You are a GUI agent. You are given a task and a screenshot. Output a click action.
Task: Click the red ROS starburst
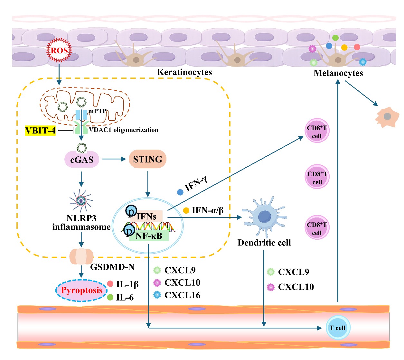point(59,51)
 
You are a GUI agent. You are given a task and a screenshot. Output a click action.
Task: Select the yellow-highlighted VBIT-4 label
point(41,130)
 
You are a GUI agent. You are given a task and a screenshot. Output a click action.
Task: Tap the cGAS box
point(82,160)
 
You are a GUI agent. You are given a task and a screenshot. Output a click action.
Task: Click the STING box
point(147,159)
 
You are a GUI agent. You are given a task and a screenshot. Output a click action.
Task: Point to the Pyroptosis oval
point(81,291)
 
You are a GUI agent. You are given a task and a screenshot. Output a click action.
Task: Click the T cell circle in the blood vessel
point(337,328)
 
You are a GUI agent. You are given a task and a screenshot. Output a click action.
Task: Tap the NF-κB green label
point(149,236)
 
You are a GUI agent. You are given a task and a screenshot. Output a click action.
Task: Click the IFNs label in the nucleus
point(146,216)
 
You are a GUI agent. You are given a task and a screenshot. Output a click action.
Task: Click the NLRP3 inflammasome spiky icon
point(81,200)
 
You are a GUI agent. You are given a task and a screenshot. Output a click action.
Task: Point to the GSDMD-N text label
point(112,267)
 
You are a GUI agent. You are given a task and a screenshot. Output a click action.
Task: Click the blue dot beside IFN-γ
point(180,192)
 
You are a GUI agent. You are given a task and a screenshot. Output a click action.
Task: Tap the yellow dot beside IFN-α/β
point(186,210)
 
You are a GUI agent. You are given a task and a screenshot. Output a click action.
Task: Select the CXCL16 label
point(182,295)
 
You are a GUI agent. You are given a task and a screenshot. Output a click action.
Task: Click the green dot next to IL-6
point(110,297)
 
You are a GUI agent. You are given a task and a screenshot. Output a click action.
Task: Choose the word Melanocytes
point(338,73)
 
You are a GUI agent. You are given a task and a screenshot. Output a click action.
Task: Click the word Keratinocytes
point(184,72)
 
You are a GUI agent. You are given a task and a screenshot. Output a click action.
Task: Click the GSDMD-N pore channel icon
point(81,256)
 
